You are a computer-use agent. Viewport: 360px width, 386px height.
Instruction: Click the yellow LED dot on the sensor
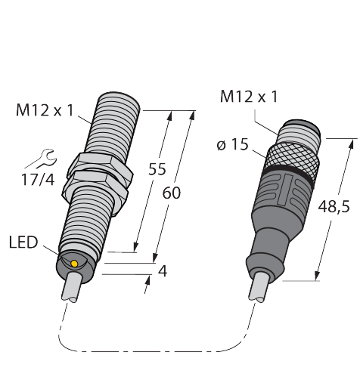point(74,264)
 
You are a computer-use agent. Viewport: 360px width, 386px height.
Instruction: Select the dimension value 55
point(157,169)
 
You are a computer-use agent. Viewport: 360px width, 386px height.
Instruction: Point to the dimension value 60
point(172,193)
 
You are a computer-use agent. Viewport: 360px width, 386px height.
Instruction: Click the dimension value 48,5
point(334,207)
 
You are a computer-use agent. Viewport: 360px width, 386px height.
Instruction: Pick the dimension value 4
point(163,271)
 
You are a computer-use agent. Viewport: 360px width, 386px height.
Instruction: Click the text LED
point(23,242)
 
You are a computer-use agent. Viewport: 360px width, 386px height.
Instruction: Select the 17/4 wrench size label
point(38,180)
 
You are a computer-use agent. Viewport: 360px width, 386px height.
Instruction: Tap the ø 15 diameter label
point(232,145)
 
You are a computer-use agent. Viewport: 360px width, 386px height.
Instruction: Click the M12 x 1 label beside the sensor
point(45,110)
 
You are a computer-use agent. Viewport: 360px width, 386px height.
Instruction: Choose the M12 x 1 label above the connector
point(249,97)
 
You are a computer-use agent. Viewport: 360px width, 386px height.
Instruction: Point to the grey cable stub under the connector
point(258,287)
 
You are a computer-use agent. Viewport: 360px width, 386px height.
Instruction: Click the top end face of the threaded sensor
point(119,99)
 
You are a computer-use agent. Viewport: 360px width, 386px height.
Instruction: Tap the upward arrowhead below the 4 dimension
point(147,279)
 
